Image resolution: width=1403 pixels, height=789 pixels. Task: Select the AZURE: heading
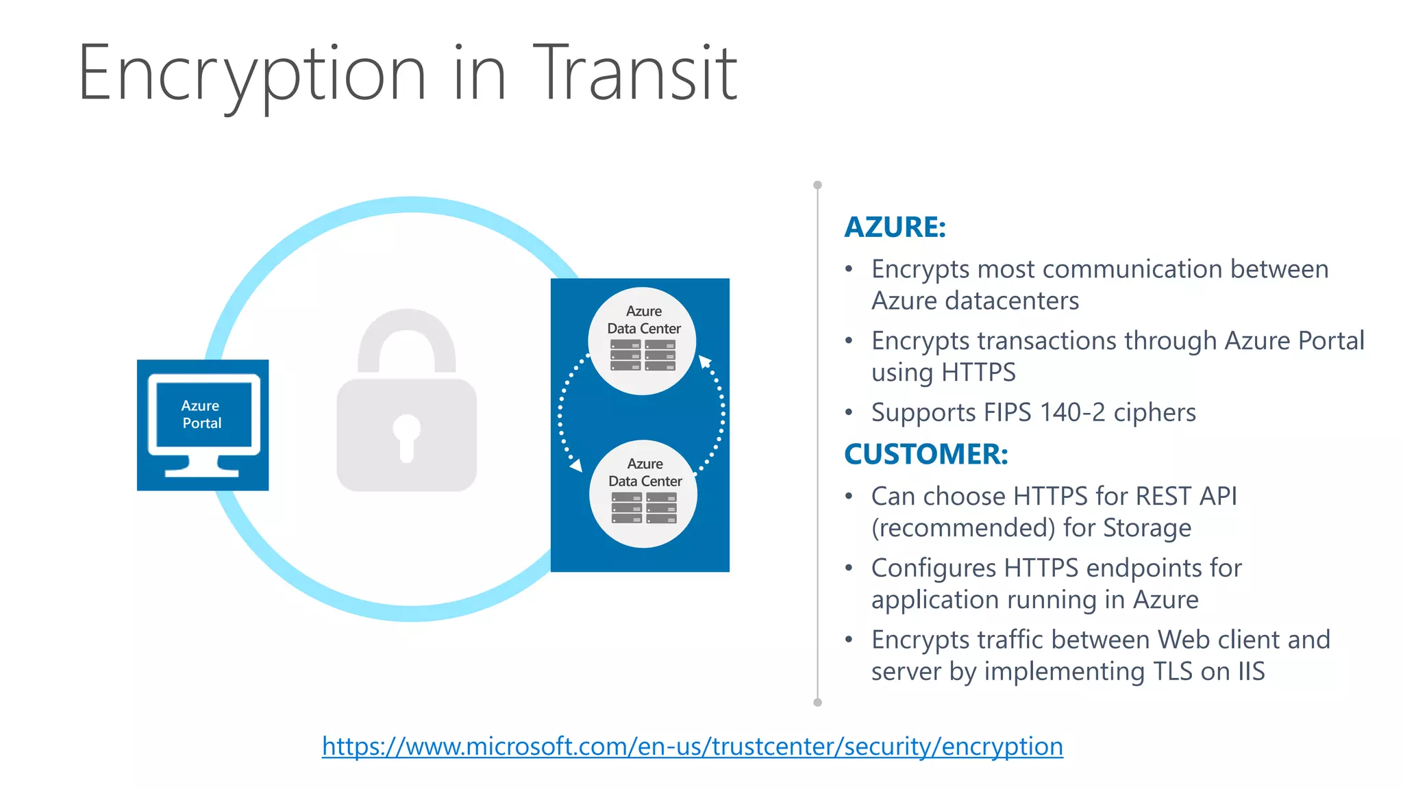895,227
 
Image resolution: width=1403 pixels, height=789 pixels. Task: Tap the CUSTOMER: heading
926,454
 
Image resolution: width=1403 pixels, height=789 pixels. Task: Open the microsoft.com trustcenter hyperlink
692,746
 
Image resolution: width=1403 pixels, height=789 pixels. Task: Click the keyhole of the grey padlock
406,436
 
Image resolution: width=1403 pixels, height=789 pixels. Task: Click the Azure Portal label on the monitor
201,414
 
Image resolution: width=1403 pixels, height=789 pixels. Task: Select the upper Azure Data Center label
644,320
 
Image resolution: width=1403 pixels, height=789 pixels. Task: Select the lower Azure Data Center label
645,473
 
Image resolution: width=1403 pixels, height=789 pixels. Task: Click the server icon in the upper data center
643,355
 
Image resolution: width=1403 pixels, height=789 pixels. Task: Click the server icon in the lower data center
644,508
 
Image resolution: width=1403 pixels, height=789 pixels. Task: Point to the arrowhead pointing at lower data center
577,466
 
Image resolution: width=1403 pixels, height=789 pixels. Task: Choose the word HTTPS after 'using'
978,372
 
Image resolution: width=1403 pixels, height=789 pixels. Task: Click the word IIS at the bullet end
1251,671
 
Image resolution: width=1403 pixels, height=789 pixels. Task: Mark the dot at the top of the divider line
817,185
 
